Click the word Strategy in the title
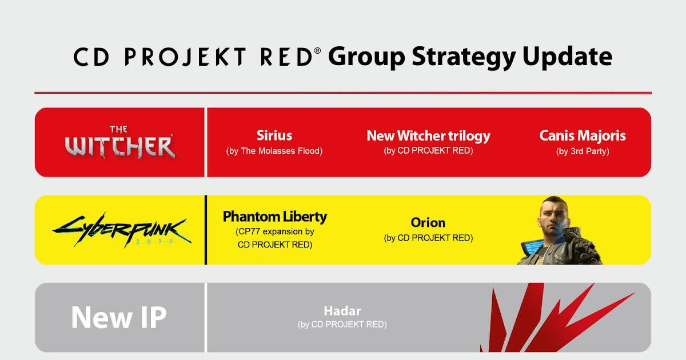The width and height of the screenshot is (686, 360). (x=464, y=57)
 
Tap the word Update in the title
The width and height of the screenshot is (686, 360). (x=568, y=57)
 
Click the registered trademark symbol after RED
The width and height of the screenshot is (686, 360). (x=317, y=50)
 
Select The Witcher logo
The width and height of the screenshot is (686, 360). (x=119, y=142)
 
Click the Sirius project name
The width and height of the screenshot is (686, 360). (x=274, y=135)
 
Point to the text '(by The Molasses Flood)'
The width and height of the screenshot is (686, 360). (x=274, y=151)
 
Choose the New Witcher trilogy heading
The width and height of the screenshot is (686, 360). (x=428, y=136)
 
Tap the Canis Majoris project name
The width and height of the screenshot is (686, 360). (x=583, y=135)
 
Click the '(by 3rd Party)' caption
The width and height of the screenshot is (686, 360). (x=583, y=151)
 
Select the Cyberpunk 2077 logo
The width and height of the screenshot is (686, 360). (x=122, y=230)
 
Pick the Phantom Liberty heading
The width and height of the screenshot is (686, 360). (x=275, y=217)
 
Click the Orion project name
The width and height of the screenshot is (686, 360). (x=428, y=222)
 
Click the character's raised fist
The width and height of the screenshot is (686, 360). (x=582, y=245)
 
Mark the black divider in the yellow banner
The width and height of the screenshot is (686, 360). (x=206, y=230)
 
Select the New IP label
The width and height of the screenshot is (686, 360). (x=119, y=317)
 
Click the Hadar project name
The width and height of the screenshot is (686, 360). (x=342, y=311)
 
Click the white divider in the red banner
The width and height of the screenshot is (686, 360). (x=206, y=142)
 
